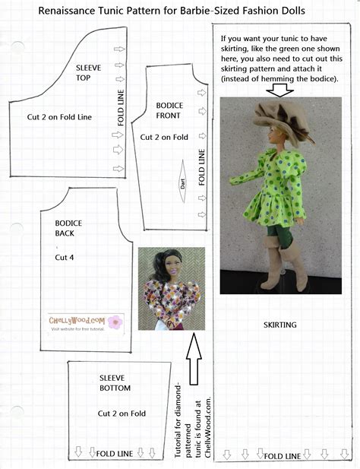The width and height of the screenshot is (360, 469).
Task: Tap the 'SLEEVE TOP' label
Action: point(90,73)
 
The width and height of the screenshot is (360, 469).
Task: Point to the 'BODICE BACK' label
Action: point(68,229)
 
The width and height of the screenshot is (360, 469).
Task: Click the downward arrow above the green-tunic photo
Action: point(281,89)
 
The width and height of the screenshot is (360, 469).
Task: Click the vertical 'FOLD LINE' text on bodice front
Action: point(201,168)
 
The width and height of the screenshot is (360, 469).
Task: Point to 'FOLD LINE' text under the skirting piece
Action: point(283,456)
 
